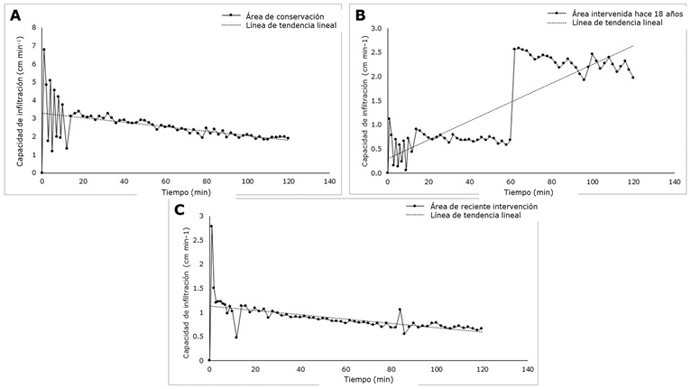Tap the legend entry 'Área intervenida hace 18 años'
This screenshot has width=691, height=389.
point(614,14)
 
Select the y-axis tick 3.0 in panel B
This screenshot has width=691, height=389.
point(377,28)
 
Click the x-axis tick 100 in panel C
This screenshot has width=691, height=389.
point(438,369)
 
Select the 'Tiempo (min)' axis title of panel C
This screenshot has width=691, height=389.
point(345,379)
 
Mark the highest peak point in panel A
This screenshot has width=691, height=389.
point(43,49)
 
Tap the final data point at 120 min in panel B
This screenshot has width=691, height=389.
point(633,78)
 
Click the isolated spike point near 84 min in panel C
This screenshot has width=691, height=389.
point(400,310)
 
